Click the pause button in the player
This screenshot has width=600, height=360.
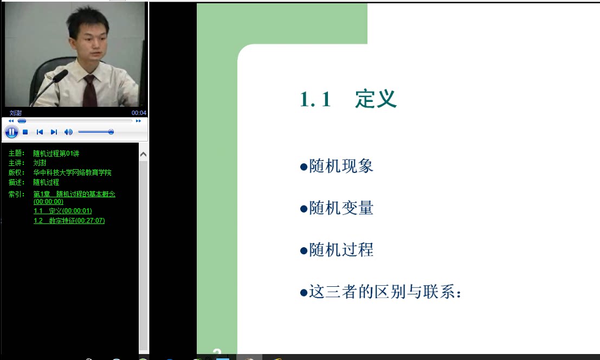coord(11,132)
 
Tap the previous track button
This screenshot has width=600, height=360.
coord(40,132)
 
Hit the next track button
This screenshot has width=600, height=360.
coord(54,132)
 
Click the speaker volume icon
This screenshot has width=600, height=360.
coord(68,132)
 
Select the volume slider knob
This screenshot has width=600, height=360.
coord(111,132)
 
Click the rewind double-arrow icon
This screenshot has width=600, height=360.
coord(11,121)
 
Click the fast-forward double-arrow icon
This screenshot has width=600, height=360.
coord(139,121)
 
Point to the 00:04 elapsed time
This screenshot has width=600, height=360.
coord(139,113)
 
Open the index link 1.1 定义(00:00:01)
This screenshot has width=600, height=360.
coord(63,211)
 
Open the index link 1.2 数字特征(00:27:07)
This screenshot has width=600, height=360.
coord(69,220)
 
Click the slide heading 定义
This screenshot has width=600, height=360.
coord(376,99)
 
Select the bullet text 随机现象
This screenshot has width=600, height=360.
coord(341,166)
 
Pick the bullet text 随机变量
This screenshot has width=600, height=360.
coord(341,208)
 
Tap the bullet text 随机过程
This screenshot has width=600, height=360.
coord(341,250)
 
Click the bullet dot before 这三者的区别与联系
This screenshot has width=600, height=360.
coord(304,293)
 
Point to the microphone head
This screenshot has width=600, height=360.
coord(60,76)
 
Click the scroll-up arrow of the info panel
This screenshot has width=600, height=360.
coord(144,154)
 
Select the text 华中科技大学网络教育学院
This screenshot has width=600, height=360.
coord(72,172)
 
